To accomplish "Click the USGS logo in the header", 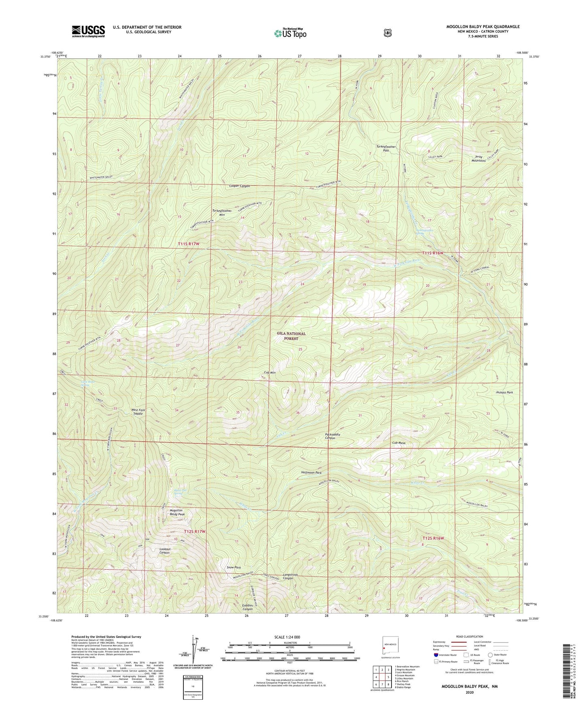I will point(88,31).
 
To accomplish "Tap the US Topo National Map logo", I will point(289,33).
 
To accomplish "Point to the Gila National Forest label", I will point(291,336).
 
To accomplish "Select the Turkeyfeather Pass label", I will point(386,148).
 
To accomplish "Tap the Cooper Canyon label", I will point(239,186).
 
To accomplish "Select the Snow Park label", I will point(234,567).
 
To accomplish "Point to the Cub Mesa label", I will point(398,443).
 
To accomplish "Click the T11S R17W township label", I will point(189,243).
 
